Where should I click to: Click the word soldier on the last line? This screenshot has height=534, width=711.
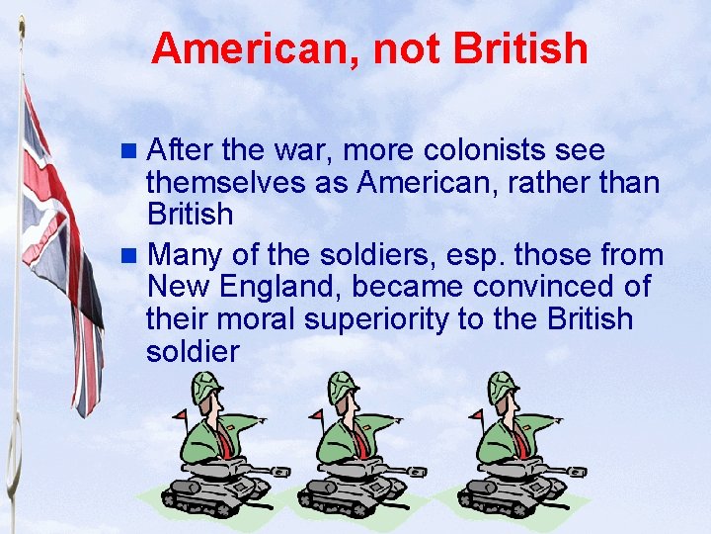pyautogui.click(x=193, y=351)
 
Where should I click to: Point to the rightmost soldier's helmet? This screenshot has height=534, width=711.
pyautogui.click(x=503, y=387)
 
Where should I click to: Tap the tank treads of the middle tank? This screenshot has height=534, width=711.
pyautogui.click(x=341, y=490)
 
